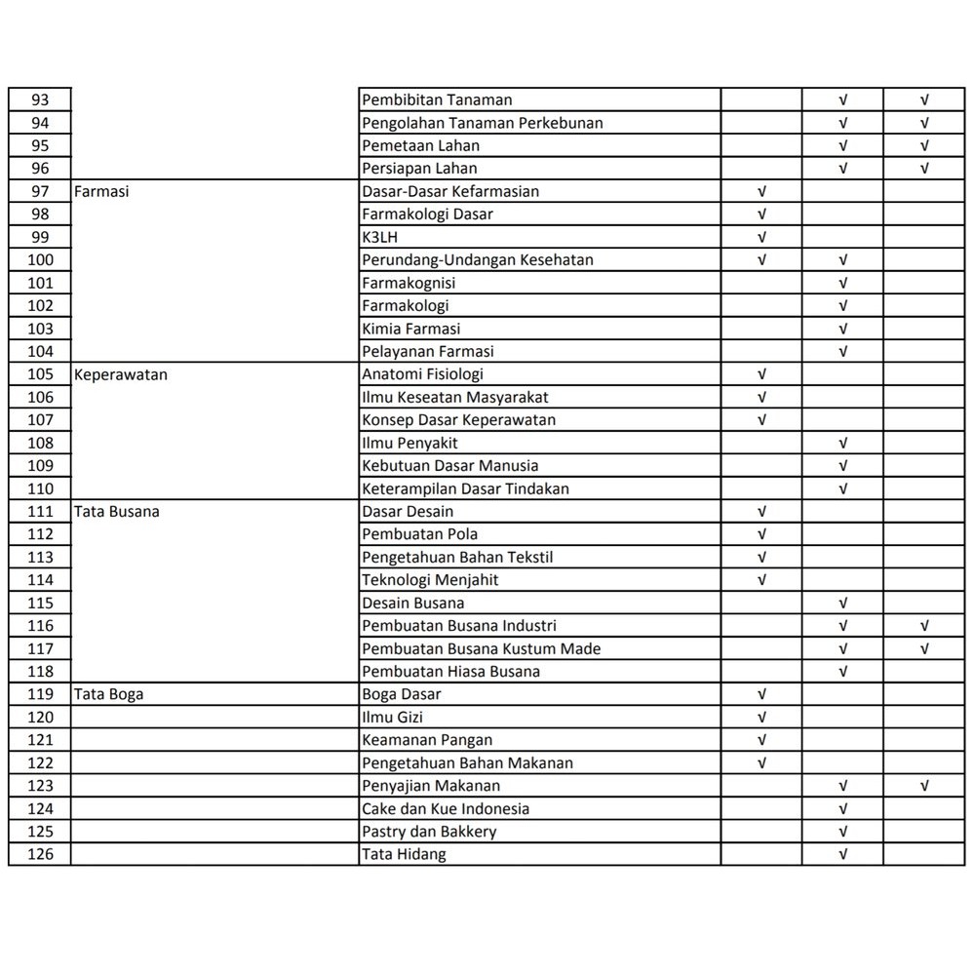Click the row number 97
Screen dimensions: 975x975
pos(40,191)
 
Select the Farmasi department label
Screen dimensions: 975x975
pos(101,191)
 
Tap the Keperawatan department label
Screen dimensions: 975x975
pos(121,374)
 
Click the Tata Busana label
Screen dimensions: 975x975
pos(117,511)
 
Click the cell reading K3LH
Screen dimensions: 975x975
pos(380,237)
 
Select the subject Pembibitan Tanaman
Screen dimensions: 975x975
pos(437,99)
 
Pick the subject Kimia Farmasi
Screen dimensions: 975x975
pos(411,329)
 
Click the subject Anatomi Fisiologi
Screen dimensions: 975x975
pos(422,374)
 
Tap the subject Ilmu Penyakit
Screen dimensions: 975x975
pos(409,443)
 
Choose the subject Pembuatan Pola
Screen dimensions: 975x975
pos(419,534)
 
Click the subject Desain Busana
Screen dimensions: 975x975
pos(413,603)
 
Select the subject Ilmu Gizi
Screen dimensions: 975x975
pos(392,717)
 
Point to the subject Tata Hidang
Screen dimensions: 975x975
pos(404,854)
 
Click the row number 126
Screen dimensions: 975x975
pos(40,854)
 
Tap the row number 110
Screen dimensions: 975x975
pos(40,488)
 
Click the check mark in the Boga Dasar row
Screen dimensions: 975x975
pos(761,694)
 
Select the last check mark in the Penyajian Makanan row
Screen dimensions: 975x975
pos(924,786)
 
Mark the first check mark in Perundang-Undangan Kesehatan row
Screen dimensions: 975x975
pos(761,260)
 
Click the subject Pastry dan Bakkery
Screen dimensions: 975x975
pos(429,832)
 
